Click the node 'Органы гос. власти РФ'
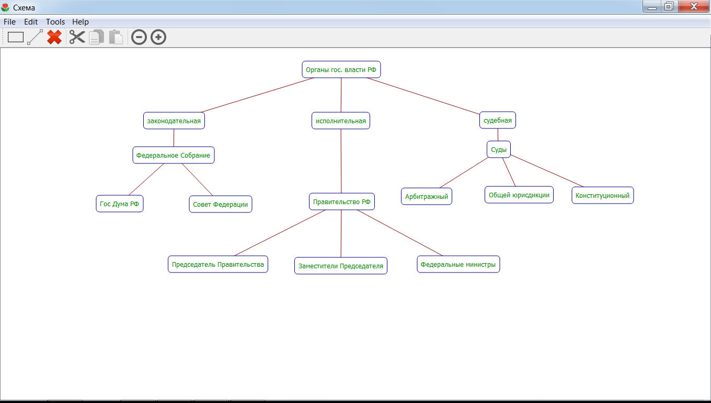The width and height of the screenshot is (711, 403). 341,69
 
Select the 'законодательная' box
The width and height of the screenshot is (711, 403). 174,121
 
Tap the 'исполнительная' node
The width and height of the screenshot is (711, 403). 340,121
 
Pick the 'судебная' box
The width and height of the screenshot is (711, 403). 497,120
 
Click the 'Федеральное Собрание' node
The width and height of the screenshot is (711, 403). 173,155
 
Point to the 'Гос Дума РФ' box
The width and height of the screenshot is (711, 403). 119,204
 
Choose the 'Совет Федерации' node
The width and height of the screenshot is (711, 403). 220,204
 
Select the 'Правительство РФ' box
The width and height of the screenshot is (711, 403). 341,201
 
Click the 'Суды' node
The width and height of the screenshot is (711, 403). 498,149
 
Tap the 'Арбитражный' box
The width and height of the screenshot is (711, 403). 426,196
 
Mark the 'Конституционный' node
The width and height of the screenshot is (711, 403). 602,195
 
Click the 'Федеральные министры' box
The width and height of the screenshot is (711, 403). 458,264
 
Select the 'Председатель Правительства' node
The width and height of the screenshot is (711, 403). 217,264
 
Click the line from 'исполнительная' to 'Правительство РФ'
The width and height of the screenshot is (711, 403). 341,162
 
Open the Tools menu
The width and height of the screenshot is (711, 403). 55,22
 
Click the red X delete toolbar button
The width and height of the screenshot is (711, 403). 54,37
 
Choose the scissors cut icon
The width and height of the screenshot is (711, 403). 77,37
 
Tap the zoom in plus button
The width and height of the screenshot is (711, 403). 158,37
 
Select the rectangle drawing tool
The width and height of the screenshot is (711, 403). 16,37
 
